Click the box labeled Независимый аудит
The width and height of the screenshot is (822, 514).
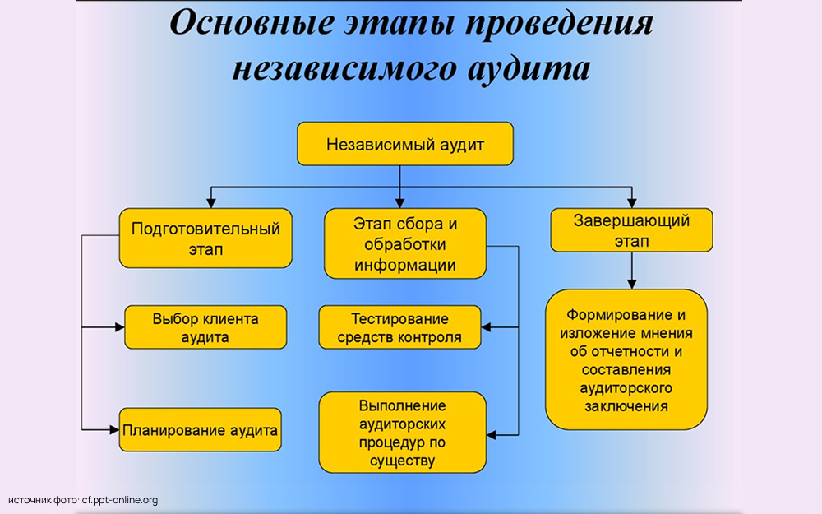pos(404,145)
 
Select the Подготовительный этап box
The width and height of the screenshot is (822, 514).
pos(205,238)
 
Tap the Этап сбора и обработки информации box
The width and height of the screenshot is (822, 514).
pos(404,243)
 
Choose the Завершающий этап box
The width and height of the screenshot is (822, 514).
pos(631,230)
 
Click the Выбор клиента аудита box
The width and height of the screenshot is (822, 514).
pos(205,327)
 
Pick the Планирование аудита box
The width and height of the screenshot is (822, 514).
pos(200,429)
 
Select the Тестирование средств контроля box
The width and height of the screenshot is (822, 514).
pos(399,327)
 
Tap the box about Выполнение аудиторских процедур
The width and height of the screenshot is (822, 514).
pos(402,433)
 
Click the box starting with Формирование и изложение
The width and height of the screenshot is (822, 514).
pos(626,359)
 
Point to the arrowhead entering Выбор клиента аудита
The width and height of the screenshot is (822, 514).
pos(118,328)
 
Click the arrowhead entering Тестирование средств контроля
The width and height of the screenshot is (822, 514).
pos(487,327)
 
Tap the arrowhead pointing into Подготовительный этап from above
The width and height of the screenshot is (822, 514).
pos(212,201)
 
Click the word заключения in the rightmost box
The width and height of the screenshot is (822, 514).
pos(626,406)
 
